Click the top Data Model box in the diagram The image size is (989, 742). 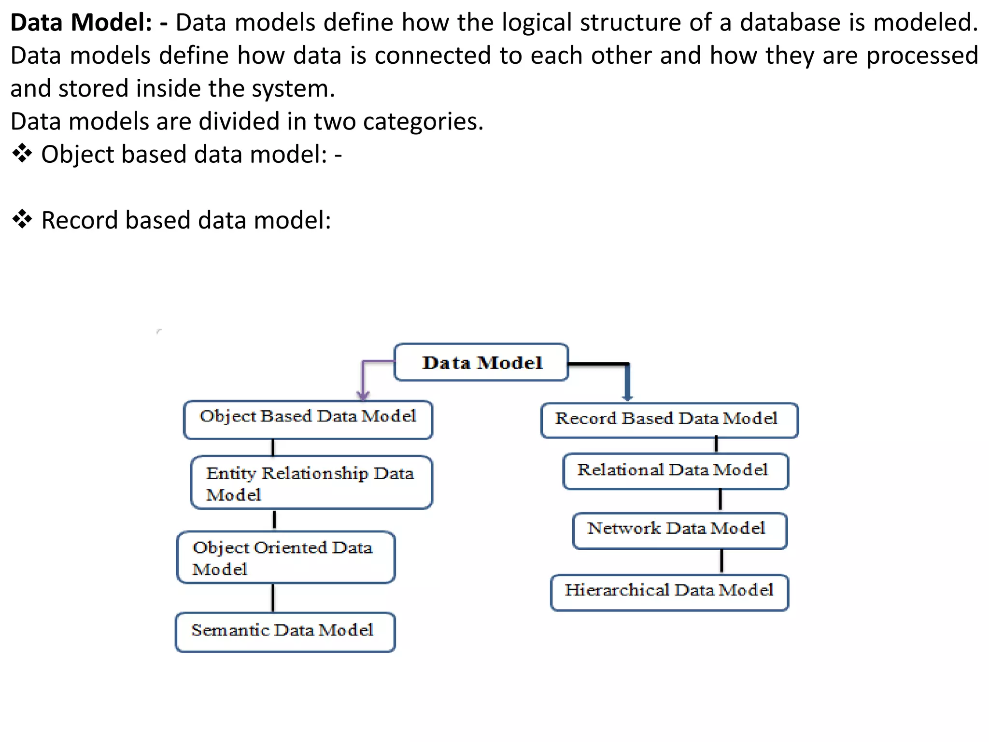click(x=481, y=362)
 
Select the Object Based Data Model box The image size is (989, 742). click(x=308, y=419)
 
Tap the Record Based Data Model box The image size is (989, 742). click(x=669, y=420)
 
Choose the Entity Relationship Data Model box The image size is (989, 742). click(x=311, y=482)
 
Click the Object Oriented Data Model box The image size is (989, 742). click(x=285, y=557)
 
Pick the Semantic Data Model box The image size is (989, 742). click(x=285, y=631)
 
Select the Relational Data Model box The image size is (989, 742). click(x=675, y=471)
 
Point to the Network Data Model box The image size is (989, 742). click(x=679, y=530)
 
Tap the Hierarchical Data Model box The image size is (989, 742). click(x=669, y=592)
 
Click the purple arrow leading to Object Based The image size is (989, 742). click(x=364, y=379)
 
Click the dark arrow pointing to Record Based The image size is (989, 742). click(x=627, y=382)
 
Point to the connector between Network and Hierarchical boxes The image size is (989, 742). click(x=721, y=561)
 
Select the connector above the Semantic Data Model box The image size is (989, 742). click(x=273, y=598)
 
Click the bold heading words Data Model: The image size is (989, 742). click(x=81, y=23)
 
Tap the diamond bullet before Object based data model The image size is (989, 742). click(x=22, y=154)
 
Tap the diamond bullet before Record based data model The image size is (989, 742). click(x=22, y=220)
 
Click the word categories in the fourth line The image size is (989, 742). click(x=423, y=121)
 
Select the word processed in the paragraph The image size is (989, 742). click(x=922, y=56)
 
